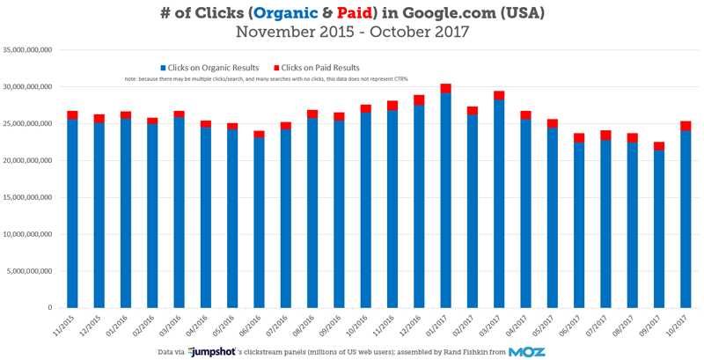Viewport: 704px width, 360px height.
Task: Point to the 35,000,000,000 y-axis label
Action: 31,50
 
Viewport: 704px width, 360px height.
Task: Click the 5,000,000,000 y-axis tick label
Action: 33,271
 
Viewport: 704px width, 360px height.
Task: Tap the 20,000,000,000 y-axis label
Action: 31,161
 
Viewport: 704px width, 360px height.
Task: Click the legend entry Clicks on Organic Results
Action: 211,68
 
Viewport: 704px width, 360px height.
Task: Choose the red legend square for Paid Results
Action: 276,68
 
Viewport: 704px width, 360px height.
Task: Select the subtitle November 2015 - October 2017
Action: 351,33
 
